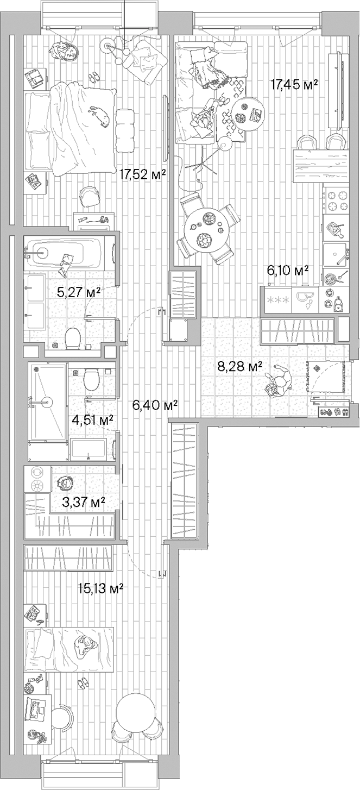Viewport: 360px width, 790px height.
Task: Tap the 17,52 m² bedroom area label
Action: click(x=141, y=173)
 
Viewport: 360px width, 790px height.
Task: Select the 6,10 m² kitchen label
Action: click(x=287, y=269)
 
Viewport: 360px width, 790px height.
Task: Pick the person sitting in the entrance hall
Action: click(x=277, y=381)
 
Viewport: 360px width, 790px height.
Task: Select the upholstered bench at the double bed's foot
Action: click(x=125, y=130)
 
